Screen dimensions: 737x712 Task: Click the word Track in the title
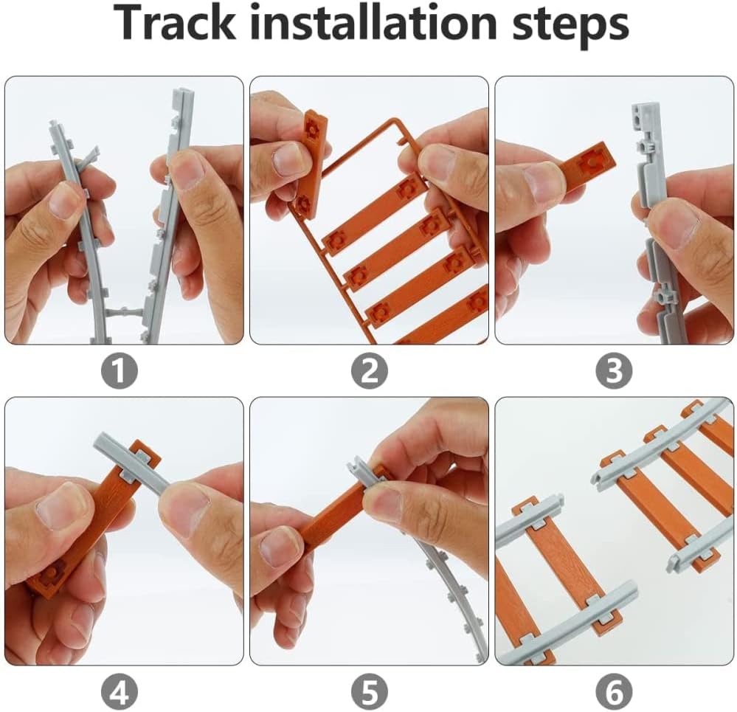[174, 23]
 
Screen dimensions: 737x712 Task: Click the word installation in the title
[373, 23]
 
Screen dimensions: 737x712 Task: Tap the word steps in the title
[570, 27]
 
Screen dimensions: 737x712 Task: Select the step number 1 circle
[120, 371]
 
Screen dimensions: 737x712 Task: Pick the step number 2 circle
[370, 371]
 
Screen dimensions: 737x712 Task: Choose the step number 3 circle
[614, 371]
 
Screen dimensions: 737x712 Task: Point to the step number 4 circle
[120, 691]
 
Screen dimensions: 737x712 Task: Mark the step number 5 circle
[370, 691]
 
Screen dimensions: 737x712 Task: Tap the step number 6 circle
[614, 691]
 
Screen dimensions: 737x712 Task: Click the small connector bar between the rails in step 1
[124, 312]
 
